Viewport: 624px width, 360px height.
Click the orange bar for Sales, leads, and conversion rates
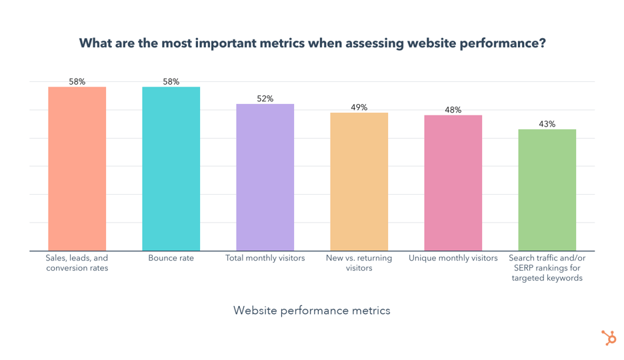[x=77, y=169]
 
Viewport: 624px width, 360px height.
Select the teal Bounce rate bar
[x=171, y=169]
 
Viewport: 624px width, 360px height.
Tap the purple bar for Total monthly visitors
[x=265, y=177]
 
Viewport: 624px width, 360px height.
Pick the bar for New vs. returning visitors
[x=359, y=181]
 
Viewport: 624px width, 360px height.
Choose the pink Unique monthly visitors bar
[x=453, y=183]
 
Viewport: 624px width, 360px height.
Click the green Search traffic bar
[x=547, y=190]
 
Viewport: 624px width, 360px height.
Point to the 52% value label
[x=265, y=99]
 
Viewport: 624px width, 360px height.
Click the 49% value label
[x=359, y=107]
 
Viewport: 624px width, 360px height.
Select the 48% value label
[x=453, y=110]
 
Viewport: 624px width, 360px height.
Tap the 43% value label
[x=547, y=124]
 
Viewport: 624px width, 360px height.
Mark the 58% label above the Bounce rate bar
[x=171, y=82]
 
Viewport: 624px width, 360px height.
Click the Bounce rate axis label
[x=171, y=258]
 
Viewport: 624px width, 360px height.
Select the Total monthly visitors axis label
[x=265, y=258]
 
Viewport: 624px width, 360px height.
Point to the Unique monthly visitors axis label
[x=453, y=258]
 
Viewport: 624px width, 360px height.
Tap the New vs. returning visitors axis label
[x=359, y=263]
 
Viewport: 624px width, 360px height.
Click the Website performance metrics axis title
[x=311, y=311]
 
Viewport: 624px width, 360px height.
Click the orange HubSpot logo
[x=609, y=337]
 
